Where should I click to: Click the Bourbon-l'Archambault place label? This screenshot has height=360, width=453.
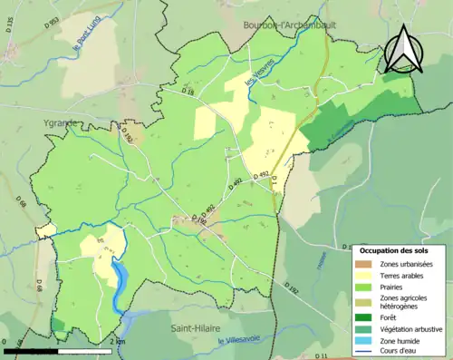(289, 25)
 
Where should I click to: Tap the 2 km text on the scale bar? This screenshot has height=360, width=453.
(116, 340)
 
